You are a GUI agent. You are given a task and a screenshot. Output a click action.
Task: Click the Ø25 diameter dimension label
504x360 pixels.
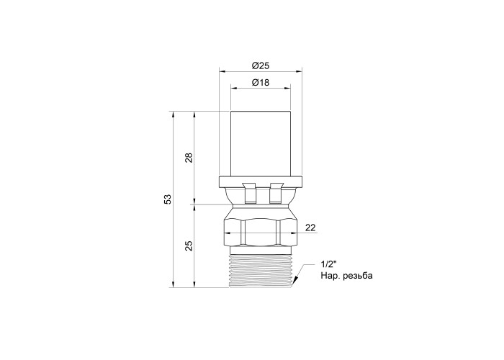pos(261,66)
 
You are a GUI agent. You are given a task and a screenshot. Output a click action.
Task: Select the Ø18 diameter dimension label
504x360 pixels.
pos(261,83)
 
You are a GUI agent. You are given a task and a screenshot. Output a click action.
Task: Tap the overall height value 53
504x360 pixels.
pos(168,199)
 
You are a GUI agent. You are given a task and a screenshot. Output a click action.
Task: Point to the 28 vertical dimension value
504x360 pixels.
pos(189,158)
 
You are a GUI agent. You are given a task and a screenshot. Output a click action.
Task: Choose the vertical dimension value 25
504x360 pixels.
pos(189,246)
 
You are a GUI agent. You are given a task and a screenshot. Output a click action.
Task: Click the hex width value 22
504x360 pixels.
pos(310,228)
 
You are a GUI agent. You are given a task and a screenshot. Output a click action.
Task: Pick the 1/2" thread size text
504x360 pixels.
pos(328,264)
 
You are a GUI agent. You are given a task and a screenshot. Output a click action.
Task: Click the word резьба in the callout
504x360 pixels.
pos(358,276)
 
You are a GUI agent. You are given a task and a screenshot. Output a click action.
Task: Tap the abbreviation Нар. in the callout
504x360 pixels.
pos(330,276)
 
